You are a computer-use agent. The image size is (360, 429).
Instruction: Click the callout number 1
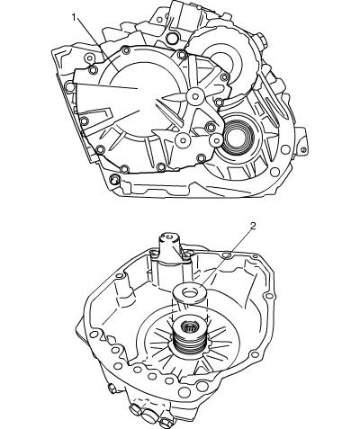74,17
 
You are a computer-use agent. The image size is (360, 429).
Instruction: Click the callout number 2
253,226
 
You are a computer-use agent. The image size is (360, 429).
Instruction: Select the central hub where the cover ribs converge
195,97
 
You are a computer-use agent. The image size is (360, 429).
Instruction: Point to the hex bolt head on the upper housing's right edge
260,40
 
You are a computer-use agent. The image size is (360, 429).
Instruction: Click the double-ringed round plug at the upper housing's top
173,38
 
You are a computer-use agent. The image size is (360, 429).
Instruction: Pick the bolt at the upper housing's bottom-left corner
114,179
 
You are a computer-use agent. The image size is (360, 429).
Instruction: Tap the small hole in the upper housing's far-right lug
303,149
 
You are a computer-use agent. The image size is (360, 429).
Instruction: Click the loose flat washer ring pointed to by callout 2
189,292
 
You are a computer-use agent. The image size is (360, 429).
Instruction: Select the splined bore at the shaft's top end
189,327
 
